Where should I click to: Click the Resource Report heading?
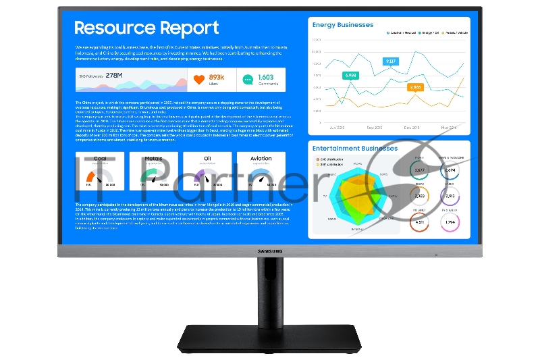pos(146,28)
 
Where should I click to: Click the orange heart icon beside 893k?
pos(198,80)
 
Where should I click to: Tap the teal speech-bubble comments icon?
pos(248,80)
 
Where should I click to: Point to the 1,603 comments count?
pos(266,77)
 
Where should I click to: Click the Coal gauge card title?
pos(100,159)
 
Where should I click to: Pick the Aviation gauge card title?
pos(261,159)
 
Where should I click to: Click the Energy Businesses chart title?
pos(342,25)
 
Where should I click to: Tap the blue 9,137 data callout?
pos(390,61)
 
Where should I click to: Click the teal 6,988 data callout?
pos(351,76)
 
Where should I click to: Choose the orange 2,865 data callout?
pos(414,87)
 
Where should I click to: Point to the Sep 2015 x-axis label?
pos(375,126)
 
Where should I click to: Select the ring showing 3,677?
pos(419,170)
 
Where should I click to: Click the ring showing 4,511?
pos(419,221)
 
